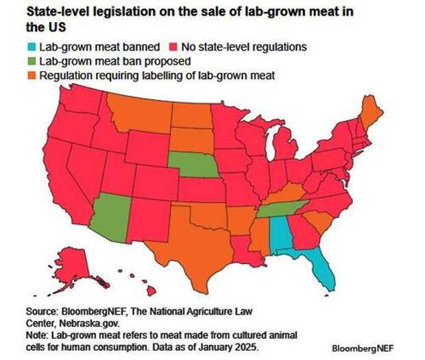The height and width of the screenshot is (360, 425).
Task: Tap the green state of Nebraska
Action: tap(194, 167)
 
